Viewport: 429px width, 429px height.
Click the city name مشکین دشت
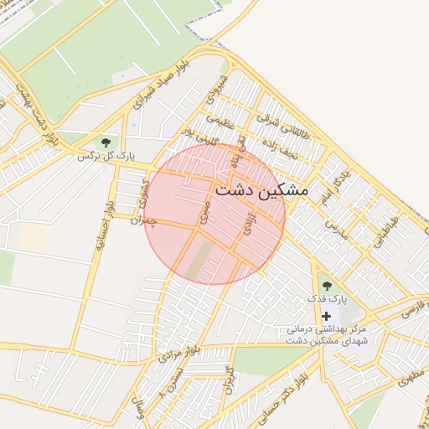pyautogui.click(x=261, y=191)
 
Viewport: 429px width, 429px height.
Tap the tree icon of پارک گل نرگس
pyautogui.click(x=106, y=142)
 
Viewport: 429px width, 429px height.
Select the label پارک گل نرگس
pyautogui.click(x=106, y=157)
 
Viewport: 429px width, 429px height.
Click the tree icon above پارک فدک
pyautogui.click(x=327, y=286)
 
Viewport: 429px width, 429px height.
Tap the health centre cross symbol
pyautogui.click(x=326, y=315)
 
